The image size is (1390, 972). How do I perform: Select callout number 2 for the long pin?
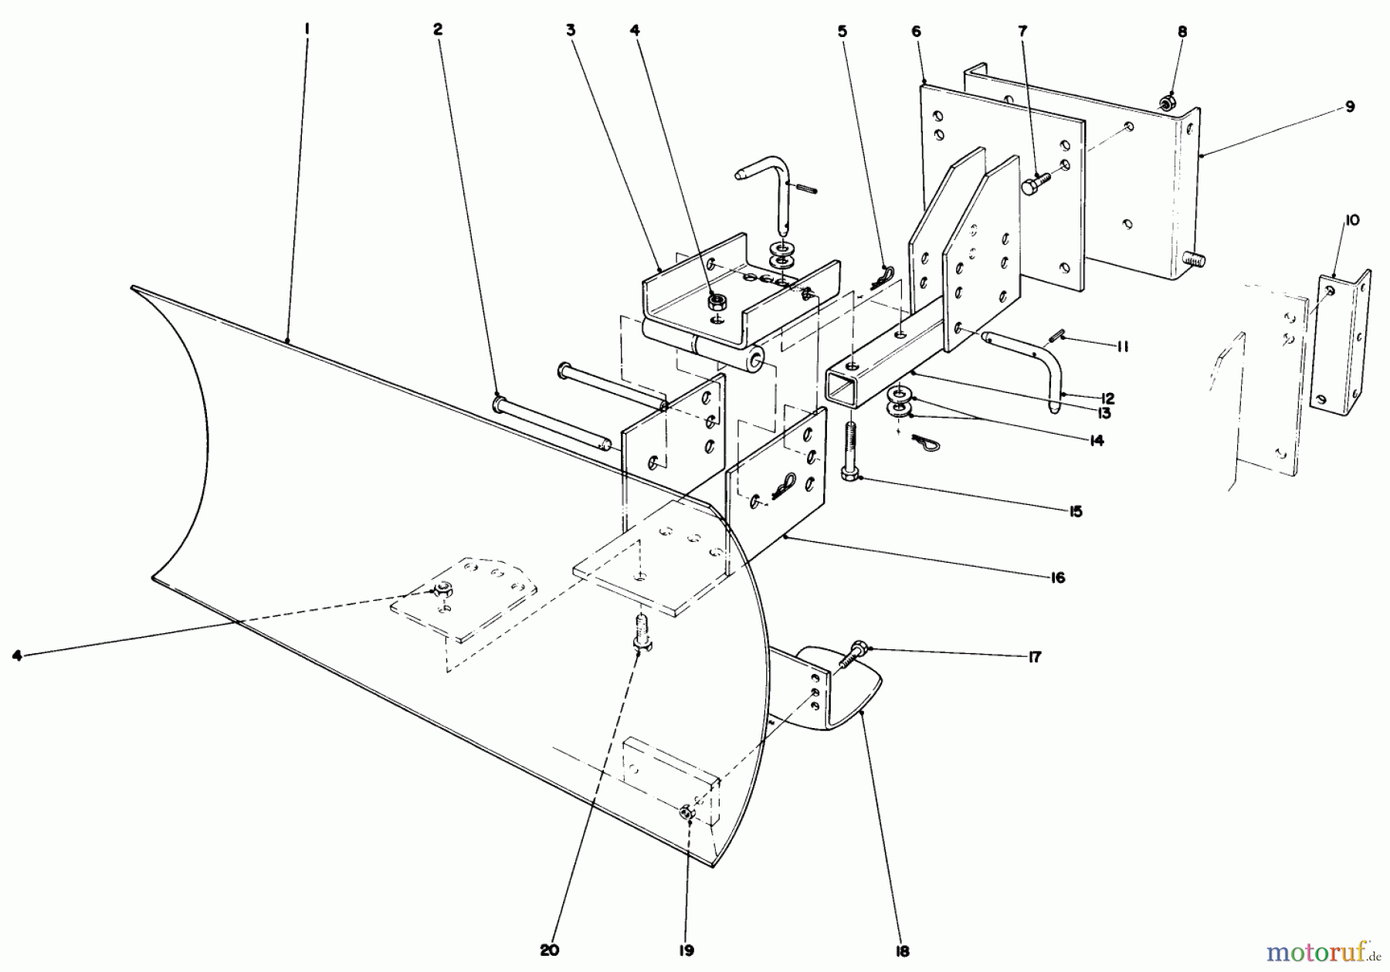[438, 29]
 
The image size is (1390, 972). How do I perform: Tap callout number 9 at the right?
[1349, 107]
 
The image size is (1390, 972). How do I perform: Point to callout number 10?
[1351, 220]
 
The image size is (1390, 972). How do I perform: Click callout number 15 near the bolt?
[1076, 512]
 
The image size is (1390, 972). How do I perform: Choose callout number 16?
[1057, 577]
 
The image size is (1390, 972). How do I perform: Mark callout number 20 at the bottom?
[549, 950]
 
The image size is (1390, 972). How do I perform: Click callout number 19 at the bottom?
[687, 950]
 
